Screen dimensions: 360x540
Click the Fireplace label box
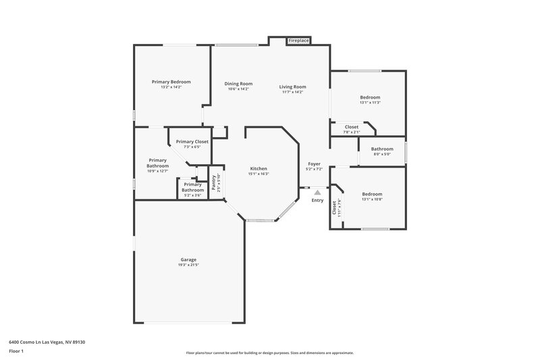click(x=298, y=41)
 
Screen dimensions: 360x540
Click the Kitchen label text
click(x=259, y=168)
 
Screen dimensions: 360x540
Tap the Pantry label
click(x=214, y=182)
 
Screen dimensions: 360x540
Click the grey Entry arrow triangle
click(x=317, y=192)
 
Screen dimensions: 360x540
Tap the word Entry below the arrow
click(x=317, y=201)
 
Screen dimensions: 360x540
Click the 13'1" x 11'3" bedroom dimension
click(x=370, y=103)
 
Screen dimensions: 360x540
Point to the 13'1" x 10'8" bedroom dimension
click(x=372, y=199)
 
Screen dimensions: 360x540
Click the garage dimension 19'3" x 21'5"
click(x=188, y=265)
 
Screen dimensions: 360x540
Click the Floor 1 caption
click(x=16, y=351)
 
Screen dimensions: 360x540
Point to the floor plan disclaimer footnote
click(x=269, y=353)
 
